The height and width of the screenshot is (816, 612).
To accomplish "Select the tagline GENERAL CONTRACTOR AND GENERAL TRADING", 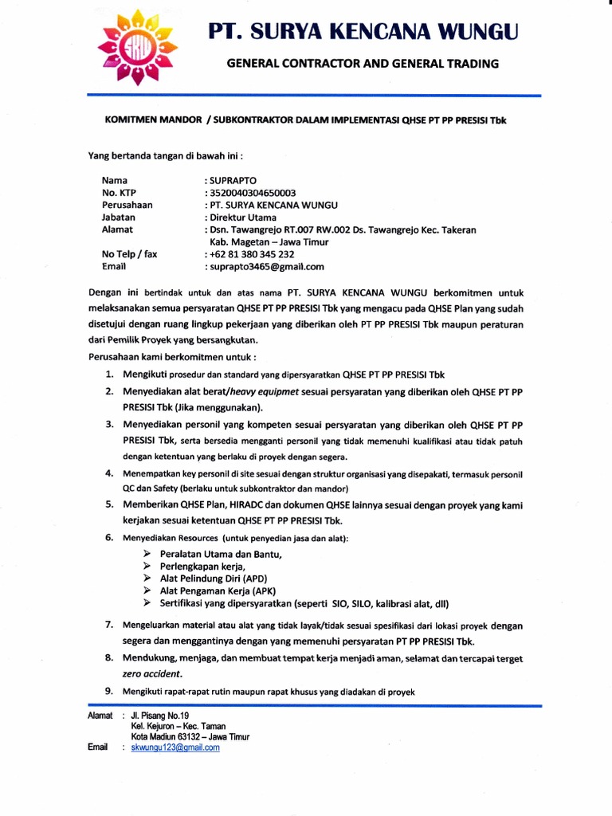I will click(363, 64).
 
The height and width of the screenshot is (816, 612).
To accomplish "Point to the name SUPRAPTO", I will click(233, 181).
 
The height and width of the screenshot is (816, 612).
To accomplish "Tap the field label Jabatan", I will click(119, 217).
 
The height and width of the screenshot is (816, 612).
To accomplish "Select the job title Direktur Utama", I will click(242, 217).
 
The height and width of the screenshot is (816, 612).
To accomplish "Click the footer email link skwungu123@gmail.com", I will click(175, 747).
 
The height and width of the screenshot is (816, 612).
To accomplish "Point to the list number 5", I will click(108, 504).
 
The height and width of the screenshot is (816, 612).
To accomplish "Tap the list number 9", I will click(108, 691).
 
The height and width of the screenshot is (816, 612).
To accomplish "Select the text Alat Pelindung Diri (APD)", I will click(213, 579).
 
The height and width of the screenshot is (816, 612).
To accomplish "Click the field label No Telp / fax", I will click(130, 255).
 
